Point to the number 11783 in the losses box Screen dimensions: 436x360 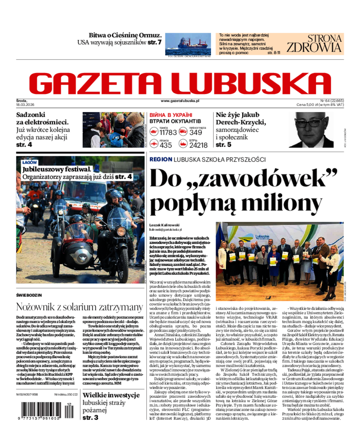(168, 132)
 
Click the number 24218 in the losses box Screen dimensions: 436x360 (198, 145)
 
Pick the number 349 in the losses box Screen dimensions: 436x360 (196, 132)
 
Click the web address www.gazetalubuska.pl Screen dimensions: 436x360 (180, 101)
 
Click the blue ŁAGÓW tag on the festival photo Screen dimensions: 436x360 (30, 162)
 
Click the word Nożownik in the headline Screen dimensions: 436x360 (37, 307)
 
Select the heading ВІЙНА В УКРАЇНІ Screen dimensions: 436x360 (171, 115)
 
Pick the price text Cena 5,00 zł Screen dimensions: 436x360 (307, 104)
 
